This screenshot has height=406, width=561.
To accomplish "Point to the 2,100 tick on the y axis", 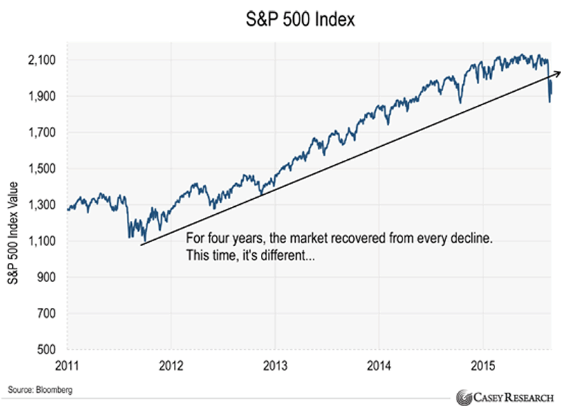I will pos(44,60).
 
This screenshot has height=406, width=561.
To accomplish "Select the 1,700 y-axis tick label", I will pos(44,133).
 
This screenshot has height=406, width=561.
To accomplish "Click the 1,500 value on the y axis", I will pos(44,169).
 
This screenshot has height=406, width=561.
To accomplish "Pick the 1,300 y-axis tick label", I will pos(44,205).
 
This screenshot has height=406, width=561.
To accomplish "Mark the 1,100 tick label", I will pos(44,242).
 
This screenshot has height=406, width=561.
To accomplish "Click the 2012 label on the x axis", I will pos(171,365).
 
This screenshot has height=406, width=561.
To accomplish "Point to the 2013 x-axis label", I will pos(275,365).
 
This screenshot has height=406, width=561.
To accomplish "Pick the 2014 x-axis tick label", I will pos(379,365).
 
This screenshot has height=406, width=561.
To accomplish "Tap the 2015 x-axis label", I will pos(482,365).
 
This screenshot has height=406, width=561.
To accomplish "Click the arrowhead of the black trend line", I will pos(557,72).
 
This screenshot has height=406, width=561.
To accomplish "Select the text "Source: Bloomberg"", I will pos(41,388).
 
